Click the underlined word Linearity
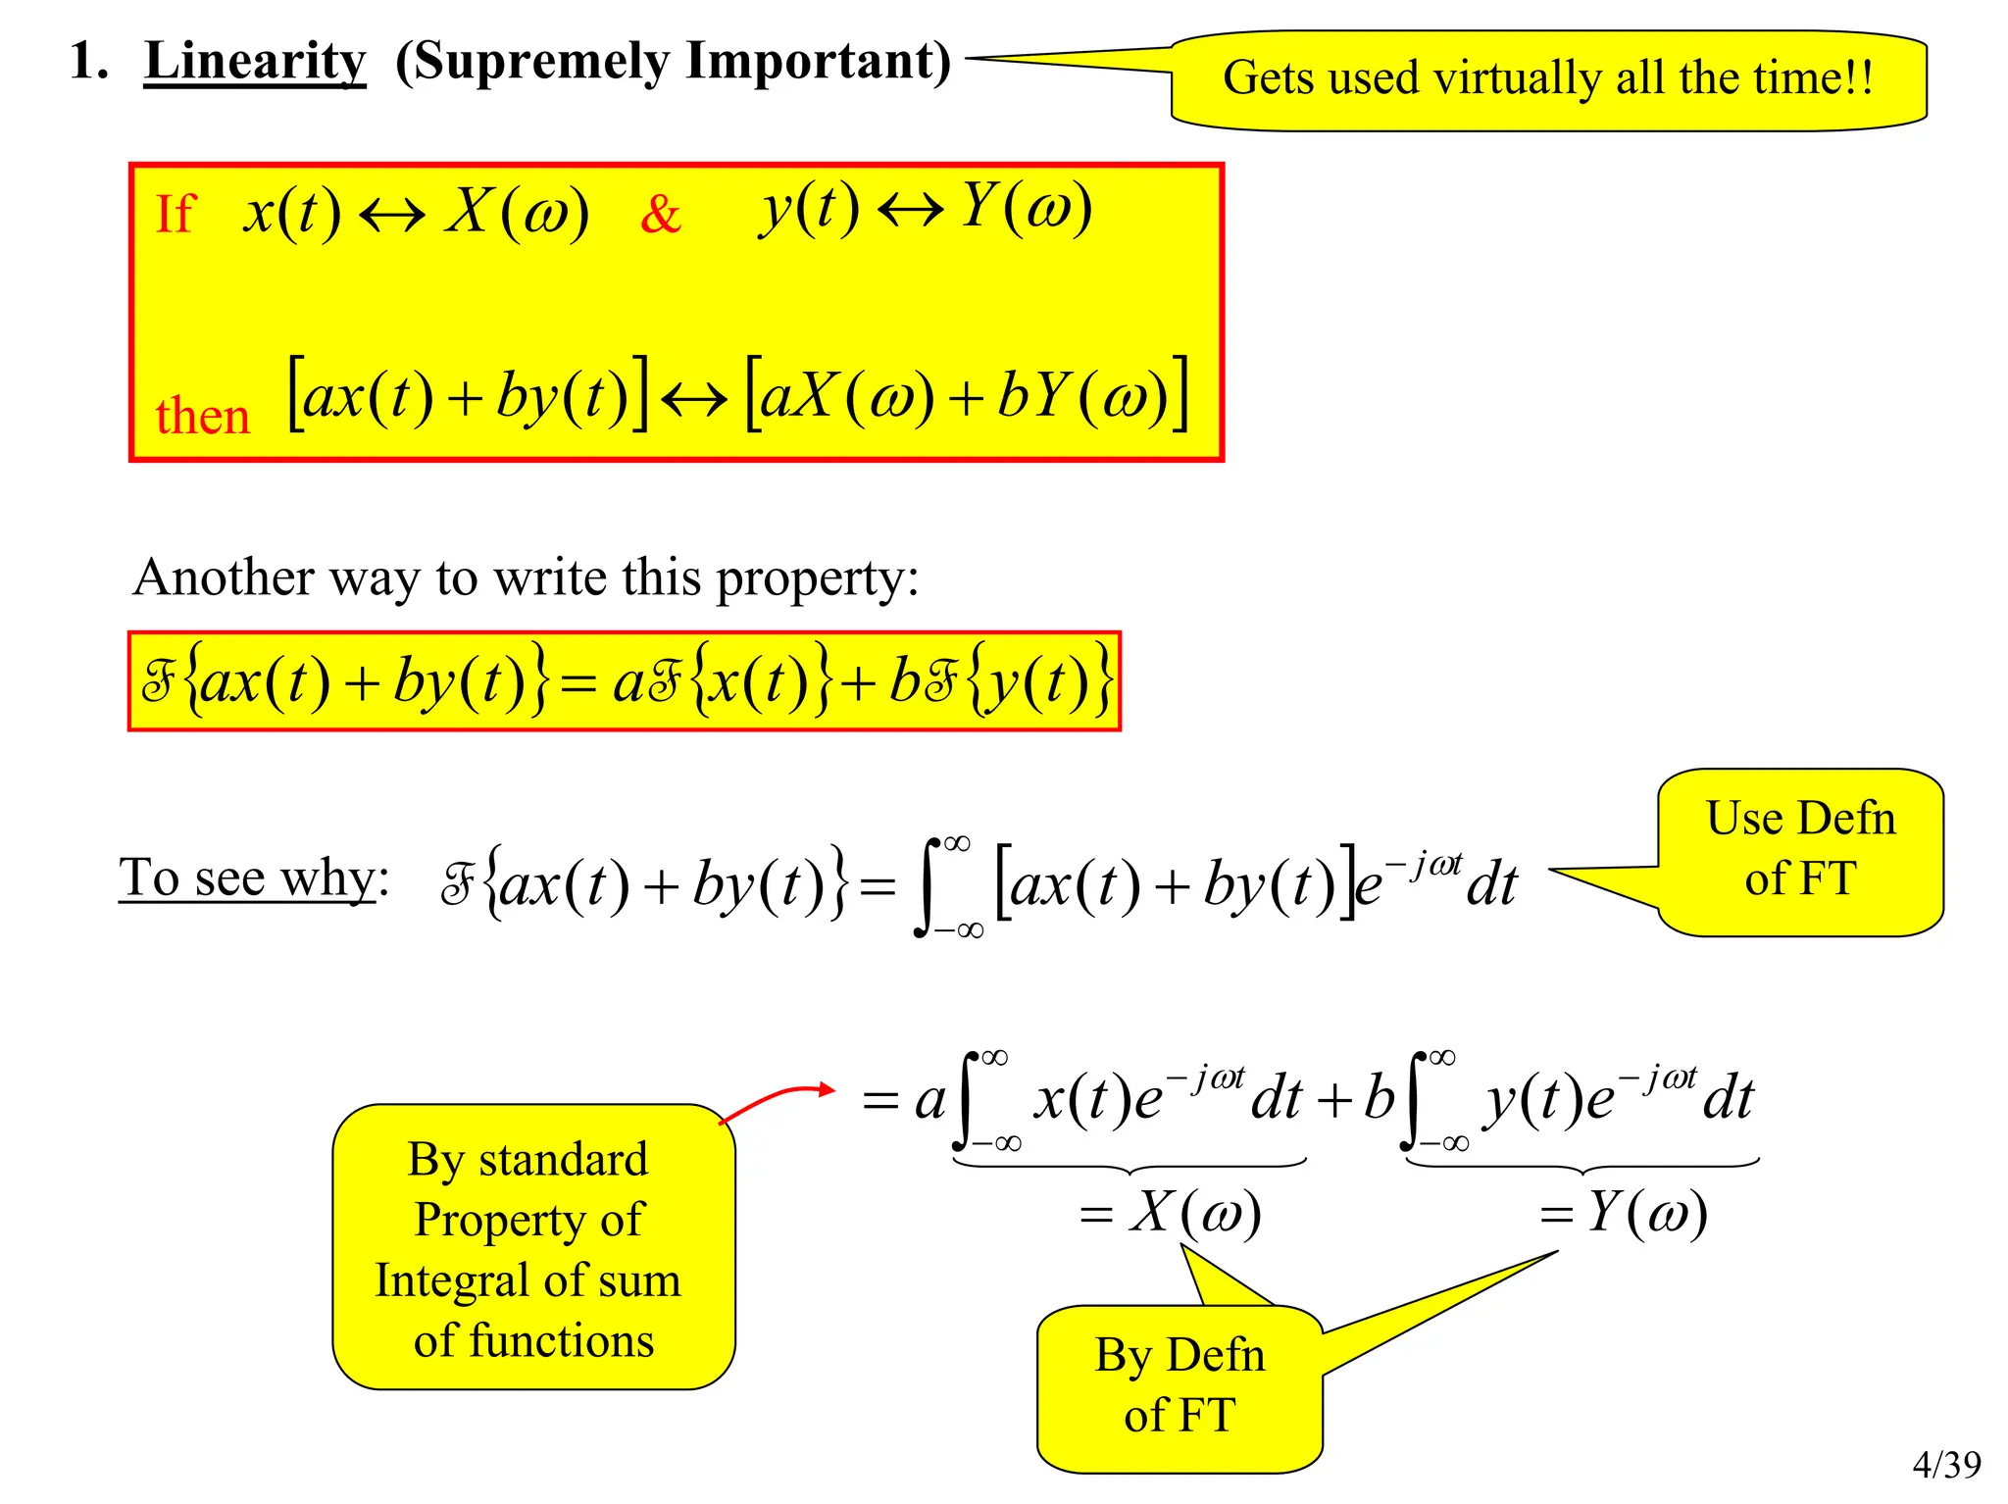[x=255, y=62]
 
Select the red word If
[x=176, y=214]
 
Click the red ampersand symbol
[x=660, y=214]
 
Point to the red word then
[x=203, y=417]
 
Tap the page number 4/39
[x=1946, y=1464]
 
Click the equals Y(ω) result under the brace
[x=1624, y=1214]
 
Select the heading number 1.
[x=87, y=62]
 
